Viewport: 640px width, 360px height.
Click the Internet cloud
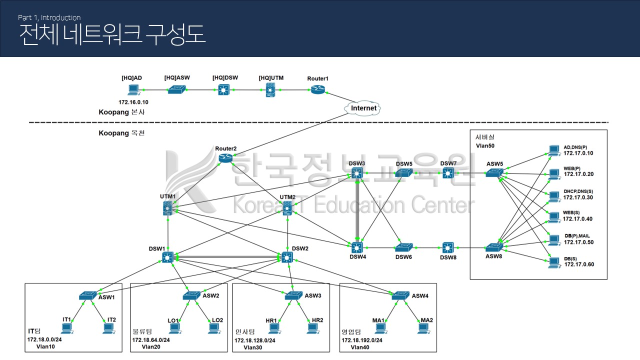pos(363,108)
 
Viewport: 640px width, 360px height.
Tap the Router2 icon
pos(226,158)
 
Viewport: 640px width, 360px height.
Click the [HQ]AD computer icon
pos(133,90)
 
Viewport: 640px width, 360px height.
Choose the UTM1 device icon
pos(168,209)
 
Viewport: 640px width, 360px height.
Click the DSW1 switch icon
pos(167,257)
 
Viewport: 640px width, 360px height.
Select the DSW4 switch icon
pos(356,247)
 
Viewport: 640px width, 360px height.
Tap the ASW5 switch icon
pos(494,173)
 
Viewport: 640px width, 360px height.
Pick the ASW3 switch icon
pos(293,295)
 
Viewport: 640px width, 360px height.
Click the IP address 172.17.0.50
pos(579,242)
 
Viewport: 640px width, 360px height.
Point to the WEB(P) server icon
pos(553,173)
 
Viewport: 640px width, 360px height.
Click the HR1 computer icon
pos(273,328)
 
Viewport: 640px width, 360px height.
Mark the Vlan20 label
pos(150,346)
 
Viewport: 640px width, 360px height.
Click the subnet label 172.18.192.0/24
pos(362,340)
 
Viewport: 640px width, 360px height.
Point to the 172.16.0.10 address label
pos(133,102)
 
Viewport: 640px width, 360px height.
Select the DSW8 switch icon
pos(448,247)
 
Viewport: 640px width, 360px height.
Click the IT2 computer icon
pos(108,328)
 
